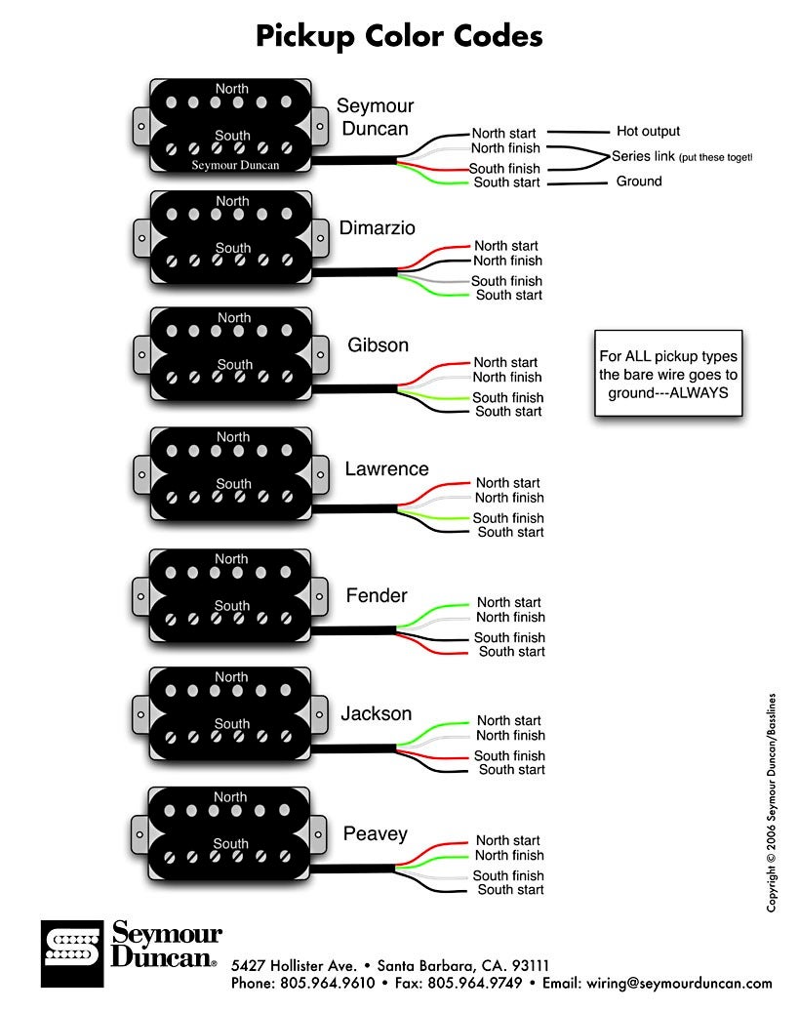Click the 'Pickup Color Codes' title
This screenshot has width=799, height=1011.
tap(399, 37)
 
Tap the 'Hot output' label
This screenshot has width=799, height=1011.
tap(648, 131)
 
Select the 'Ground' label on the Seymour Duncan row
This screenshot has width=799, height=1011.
tap(639, 182)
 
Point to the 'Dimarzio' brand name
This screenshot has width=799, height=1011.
tap(377, 228)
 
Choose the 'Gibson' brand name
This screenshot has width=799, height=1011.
tap(378, 345)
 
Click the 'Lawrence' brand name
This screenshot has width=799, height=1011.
tap(386, 469)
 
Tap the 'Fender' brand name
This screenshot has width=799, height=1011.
tap(377, 595)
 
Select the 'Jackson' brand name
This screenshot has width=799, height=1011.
tap(376, 714)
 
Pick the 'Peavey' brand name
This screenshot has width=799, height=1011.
tap(375, 834)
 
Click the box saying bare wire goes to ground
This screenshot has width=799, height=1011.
tap(668, 375)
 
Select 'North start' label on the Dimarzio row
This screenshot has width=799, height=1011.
tap(506, 246)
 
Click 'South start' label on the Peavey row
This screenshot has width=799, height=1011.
tap(510, 889)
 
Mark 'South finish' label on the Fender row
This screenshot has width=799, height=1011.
tap(509, 637)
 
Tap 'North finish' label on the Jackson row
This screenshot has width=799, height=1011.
tap(510, 735)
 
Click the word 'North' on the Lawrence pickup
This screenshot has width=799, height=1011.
tap(233, 437)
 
